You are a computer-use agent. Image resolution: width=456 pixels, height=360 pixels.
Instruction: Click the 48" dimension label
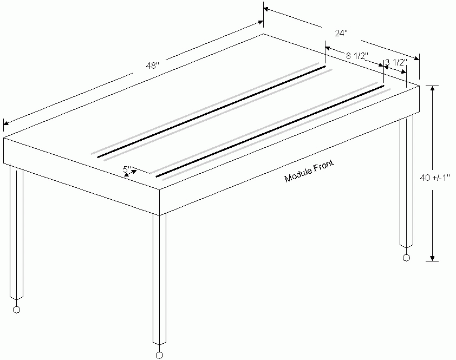[x=153, y=66]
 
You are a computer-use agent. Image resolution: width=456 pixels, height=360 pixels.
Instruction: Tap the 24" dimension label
[x=341, y=33]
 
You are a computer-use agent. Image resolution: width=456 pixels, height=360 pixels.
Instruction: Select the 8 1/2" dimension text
[x=357, y=56]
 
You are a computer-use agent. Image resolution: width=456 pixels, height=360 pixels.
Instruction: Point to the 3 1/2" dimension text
[x=396, y=62]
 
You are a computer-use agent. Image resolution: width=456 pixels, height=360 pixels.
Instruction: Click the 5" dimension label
[x=128, y=169]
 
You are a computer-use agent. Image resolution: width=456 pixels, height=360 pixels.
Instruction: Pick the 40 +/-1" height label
[x=435, y=178]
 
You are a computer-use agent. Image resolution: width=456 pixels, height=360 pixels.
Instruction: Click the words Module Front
[x=309, y=171]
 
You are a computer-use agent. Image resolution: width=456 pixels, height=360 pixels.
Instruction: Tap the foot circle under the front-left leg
[x=17, y=310]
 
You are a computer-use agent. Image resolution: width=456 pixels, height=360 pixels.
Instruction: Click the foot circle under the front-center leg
[x=159, y=355]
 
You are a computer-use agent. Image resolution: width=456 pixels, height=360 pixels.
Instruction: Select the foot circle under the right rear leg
[x=406, y=258]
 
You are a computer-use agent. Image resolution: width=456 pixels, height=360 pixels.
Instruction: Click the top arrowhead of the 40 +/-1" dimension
[x=433, y=88]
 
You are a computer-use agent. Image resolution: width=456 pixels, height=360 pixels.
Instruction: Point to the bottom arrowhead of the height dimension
[x=433, y=258]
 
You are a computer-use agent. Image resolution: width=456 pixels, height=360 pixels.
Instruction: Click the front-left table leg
[x=17, y=232]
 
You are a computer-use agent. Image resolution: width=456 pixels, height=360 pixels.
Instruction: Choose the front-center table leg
[x=160, y=279]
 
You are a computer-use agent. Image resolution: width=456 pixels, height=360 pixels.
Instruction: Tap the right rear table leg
[x=407, y=182]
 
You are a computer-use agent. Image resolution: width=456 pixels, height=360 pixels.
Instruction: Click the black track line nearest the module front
[x=270, y=131]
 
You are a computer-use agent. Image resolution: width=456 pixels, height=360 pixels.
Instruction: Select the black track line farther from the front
[x=211, y=112]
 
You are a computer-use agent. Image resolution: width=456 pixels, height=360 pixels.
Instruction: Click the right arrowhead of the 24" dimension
[x=416, y=58]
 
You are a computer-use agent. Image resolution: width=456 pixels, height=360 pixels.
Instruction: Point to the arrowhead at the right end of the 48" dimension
[x=260, y=22]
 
